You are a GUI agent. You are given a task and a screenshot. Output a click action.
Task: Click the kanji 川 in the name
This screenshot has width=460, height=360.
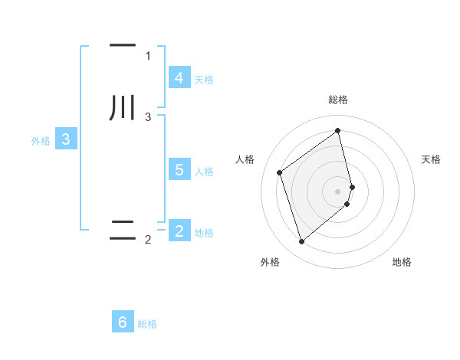click(x=122, y=108)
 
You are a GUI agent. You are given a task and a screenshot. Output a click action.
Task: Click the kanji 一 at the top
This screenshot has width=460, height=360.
click(x=123, y=46)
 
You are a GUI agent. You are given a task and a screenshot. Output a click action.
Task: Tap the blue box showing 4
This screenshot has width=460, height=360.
click(x=179, y=78)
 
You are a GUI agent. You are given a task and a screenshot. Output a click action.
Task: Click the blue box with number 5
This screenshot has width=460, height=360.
click(x=179, y=170)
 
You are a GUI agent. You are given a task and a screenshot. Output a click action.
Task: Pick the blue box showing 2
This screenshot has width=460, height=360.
click(x=179, y=231)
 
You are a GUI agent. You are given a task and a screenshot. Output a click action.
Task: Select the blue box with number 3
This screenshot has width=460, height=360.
click(x=66, y=139)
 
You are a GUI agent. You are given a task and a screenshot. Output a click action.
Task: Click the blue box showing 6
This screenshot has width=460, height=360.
click(x=123, y=322)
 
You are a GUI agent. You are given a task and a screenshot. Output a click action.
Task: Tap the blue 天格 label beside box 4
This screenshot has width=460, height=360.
click(x=204, y=79)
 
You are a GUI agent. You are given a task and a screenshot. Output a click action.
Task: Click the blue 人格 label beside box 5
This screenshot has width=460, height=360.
click(x=204, y=171)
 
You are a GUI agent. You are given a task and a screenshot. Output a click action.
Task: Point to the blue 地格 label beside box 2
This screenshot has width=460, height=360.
click(x=204, y=232)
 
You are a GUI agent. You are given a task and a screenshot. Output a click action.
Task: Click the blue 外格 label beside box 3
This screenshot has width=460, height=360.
click(x=40, y=141)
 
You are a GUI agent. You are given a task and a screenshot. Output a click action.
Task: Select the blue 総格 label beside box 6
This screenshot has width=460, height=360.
click(x=147, y=324)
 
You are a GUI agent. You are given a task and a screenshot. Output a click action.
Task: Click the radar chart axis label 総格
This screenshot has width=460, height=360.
click(x=338, y=100)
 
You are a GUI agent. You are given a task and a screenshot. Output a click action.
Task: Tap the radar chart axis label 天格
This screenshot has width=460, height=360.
click(x=431, y=159)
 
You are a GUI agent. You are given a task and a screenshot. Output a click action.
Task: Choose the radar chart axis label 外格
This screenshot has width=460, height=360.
click(x=270, y=262)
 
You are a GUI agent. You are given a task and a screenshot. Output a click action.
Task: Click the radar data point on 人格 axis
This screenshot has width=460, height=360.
click(x=280, y=172)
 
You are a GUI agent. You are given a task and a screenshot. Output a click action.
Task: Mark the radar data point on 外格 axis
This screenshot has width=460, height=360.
click(x=301, y=242)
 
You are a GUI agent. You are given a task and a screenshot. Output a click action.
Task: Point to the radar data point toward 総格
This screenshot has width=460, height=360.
click(x=338, y=130)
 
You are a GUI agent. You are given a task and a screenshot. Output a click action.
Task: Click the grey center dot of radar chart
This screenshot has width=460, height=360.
click(x=338, y=191)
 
